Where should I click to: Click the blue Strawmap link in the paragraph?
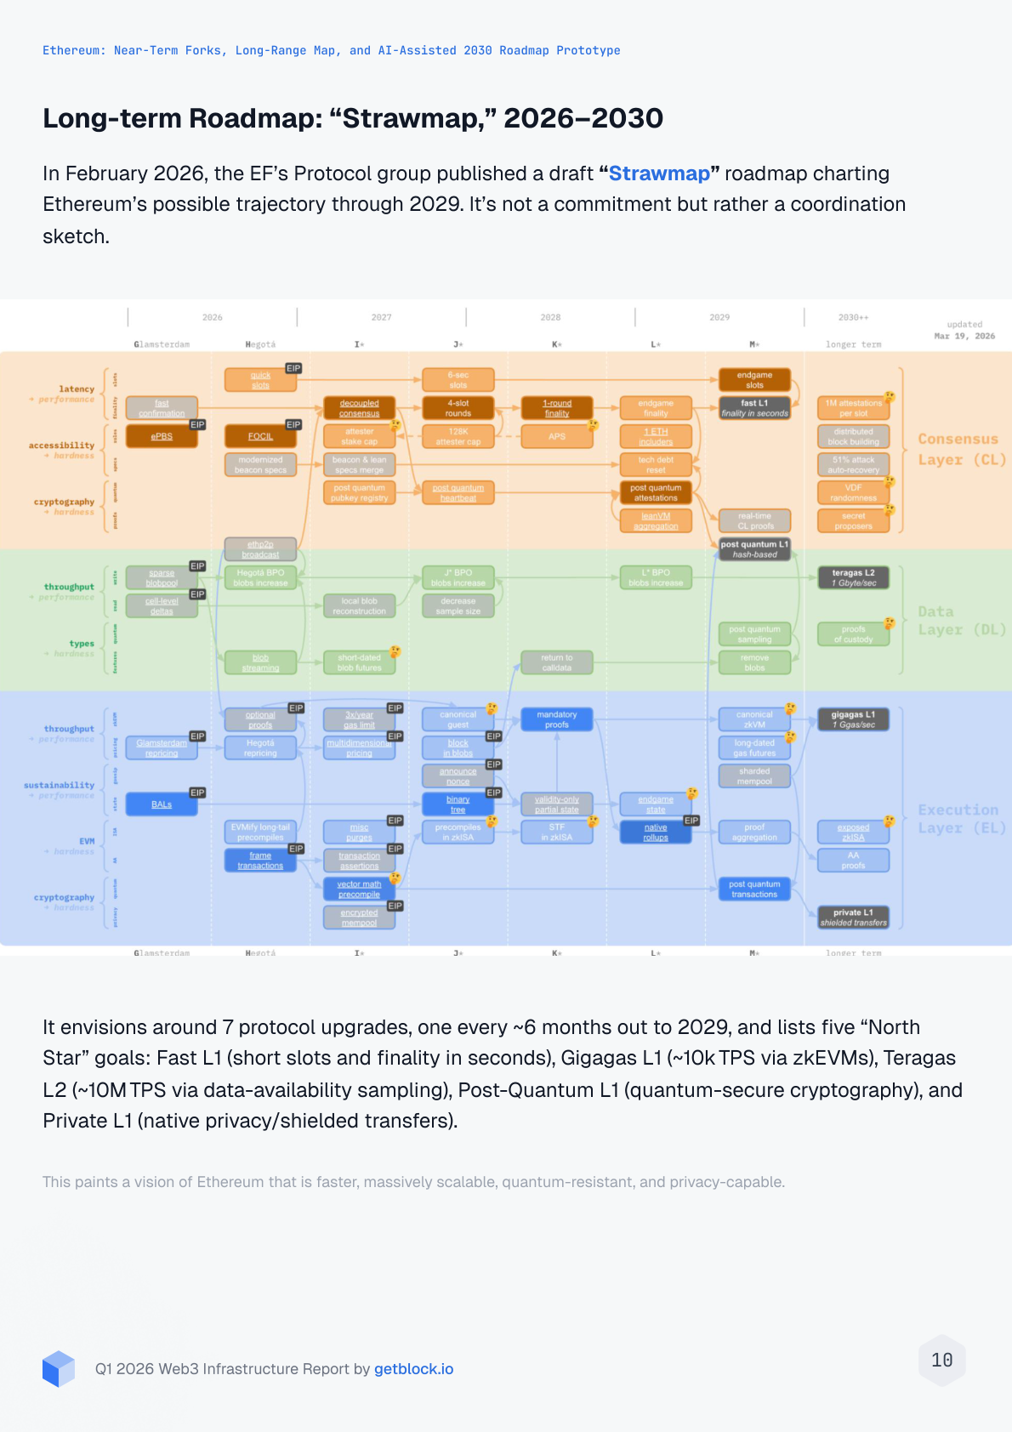(x=659, y=173)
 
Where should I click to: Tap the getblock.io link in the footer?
(x=413, y=1369)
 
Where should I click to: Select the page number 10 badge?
(x=942, y=1361)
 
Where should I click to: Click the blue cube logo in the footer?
(x=59, y=1369)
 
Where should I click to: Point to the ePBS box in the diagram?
(x=162, y=436)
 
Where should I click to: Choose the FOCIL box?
(x=260, y=436)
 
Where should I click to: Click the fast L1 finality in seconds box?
(x=754, y=408)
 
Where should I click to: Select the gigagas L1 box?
(x=853, y=719)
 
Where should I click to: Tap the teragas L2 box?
(x=853, y=577)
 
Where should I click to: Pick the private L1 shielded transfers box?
(x=853, y=917)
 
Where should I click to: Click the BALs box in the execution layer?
(x=162, y=804)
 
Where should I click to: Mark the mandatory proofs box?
(x=557, y=719)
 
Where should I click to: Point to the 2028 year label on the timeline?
(x=550, y=317)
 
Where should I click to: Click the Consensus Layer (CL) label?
(x=961, y=449)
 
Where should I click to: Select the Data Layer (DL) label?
(x=961, y=621)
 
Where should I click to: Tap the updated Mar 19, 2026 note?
(x=964, y=330)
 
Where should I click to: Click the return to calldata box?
(x=557, y=662)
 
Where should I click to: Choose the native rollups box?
(x=656, y=832)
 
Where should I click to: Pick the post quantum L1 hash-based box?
(x=754, y=549)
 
